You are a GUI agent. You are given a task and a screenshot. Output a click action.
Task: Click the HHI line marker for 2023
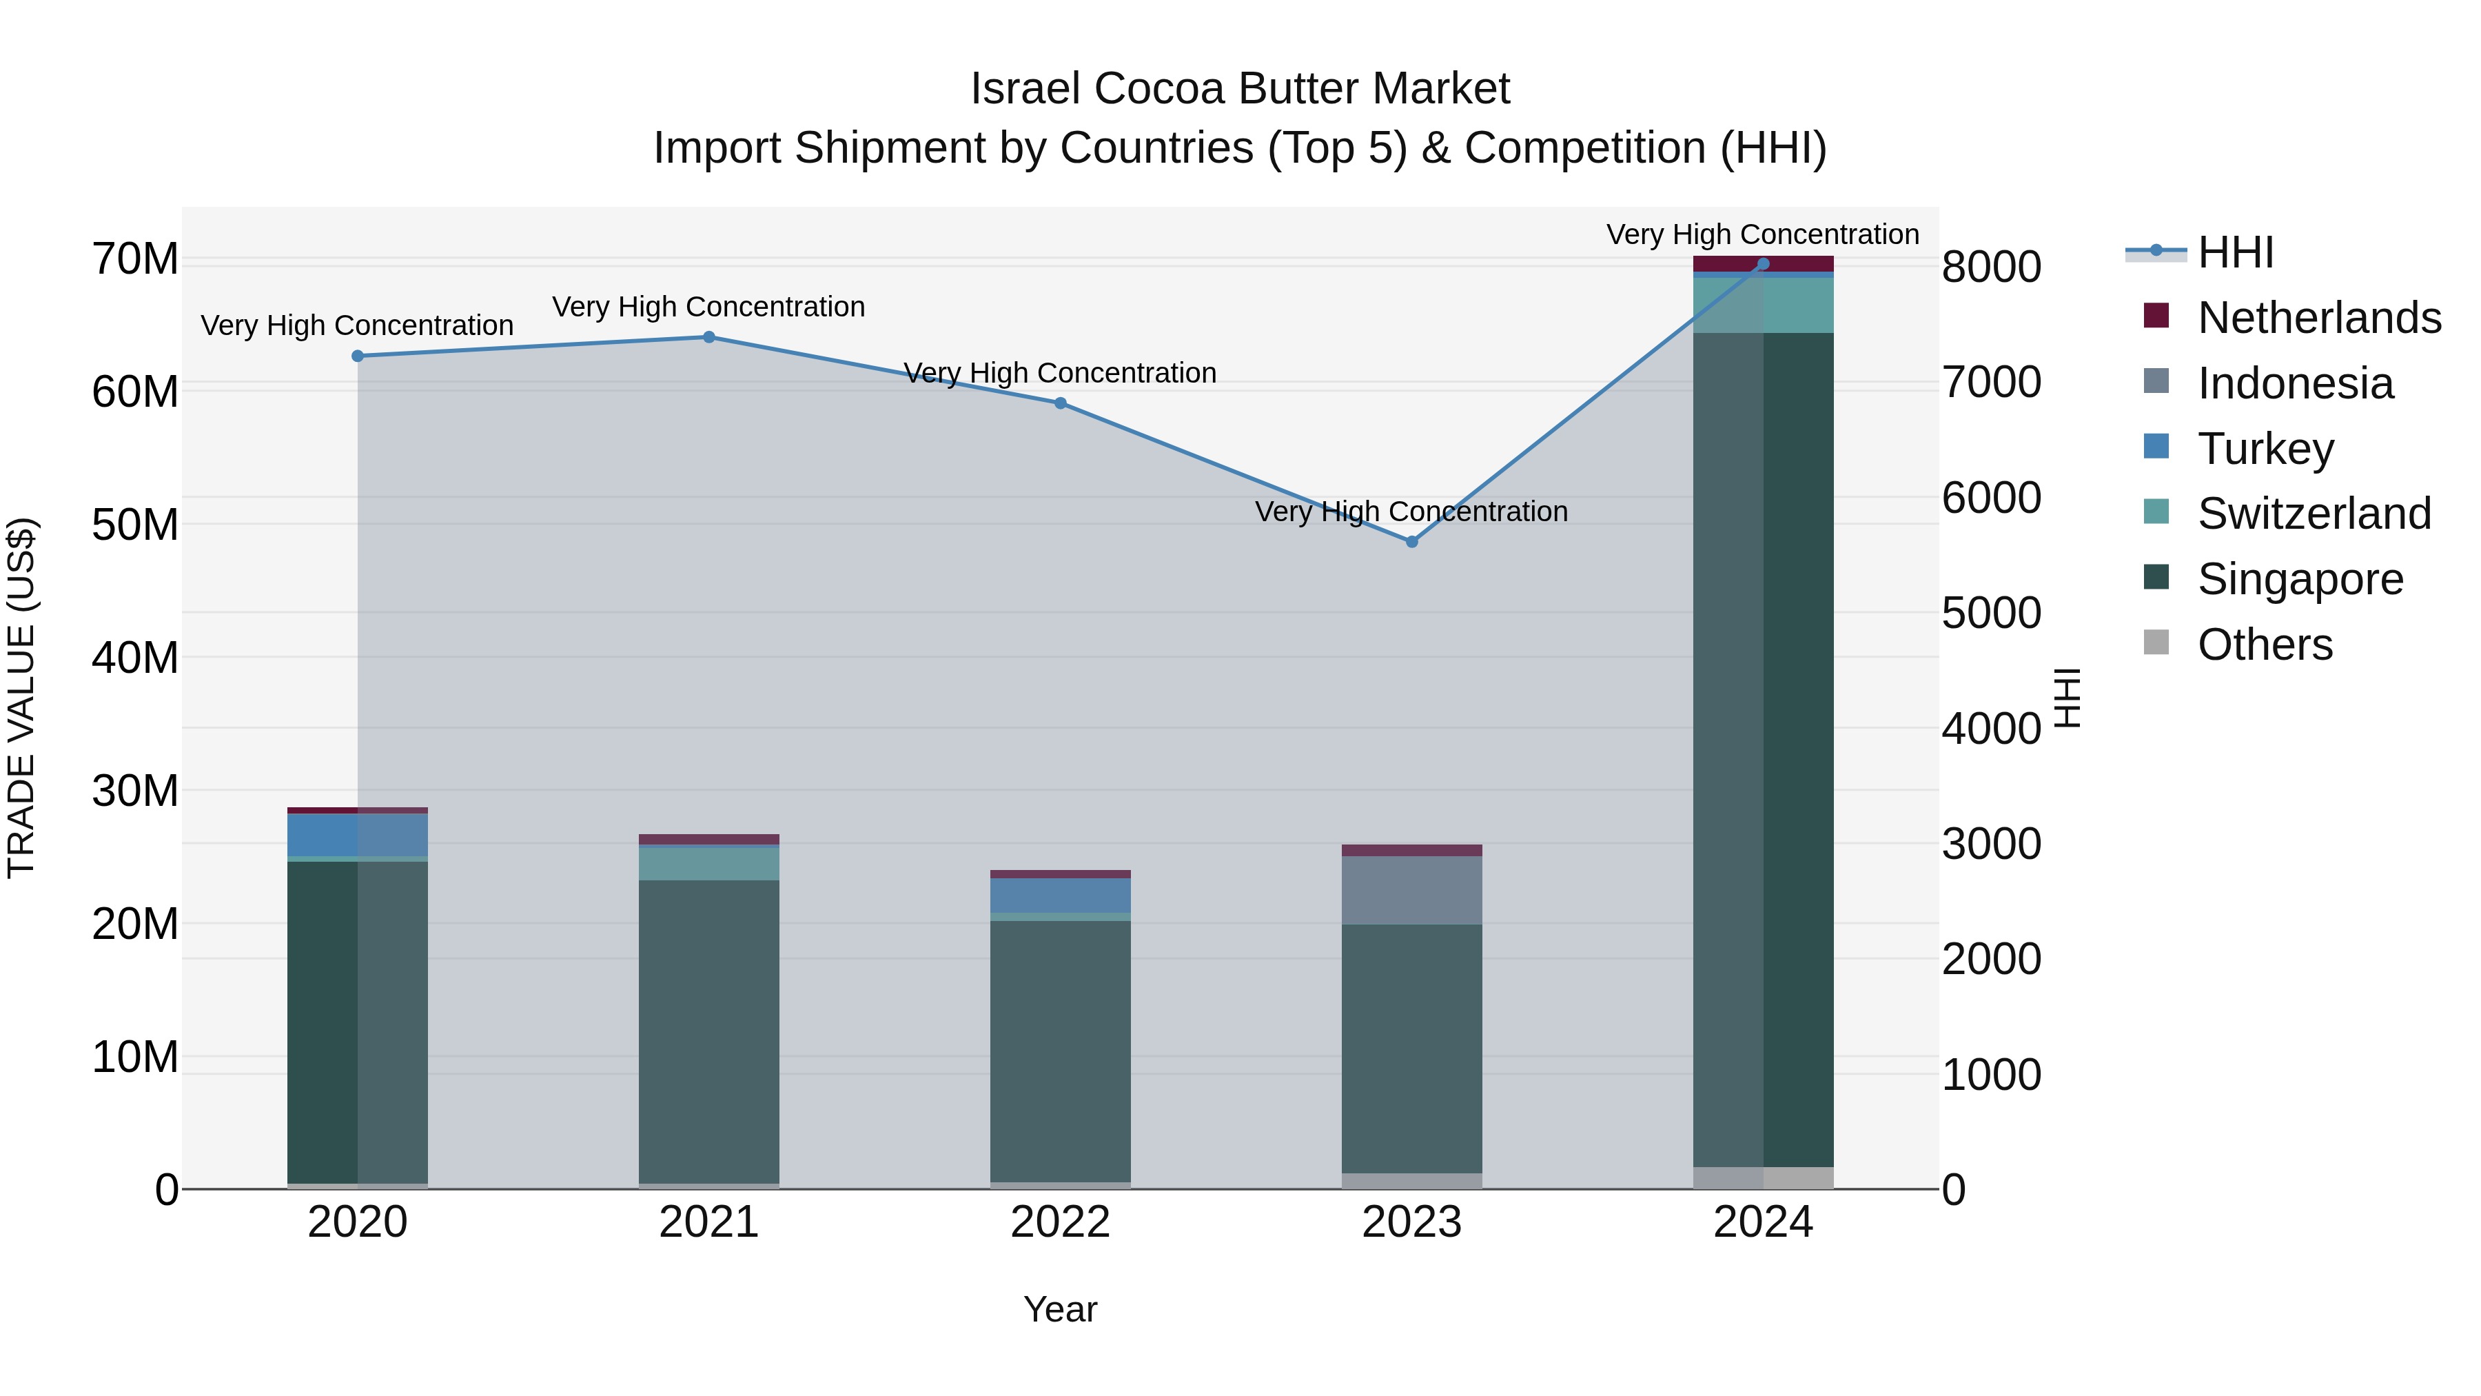point(1412,541)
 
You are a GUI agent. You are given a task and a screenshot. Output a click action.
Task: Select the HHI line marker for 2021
point(709,337)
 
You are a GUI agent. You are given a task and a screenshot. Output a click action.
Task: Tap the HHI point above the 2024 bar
point(1762,264)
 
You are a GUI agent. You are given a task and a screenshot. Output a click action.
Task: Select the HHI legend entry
point(2234,252)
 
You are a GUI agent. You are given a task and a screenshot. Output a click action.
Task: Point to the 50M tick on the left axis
point(135,525)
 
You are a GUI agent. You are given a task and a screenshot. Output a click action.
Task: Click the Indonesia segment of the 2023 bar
point(1412,890)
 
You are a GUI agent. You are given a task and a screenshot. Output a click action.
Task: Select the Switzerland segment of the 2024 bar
point(1762,305)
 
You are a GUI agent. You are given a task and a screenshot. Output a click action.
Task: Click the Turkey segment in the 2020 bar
point(357,834)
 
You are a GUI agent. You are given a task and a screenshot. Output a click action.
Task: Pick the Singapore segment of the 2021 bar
point(709,1031)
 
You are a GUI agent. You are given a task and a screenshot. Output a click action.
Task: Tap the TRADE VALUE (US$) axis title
point(21,698)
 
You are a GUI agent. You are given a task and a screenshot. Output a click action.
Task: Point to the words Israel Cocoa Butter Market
point(1240,89)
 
